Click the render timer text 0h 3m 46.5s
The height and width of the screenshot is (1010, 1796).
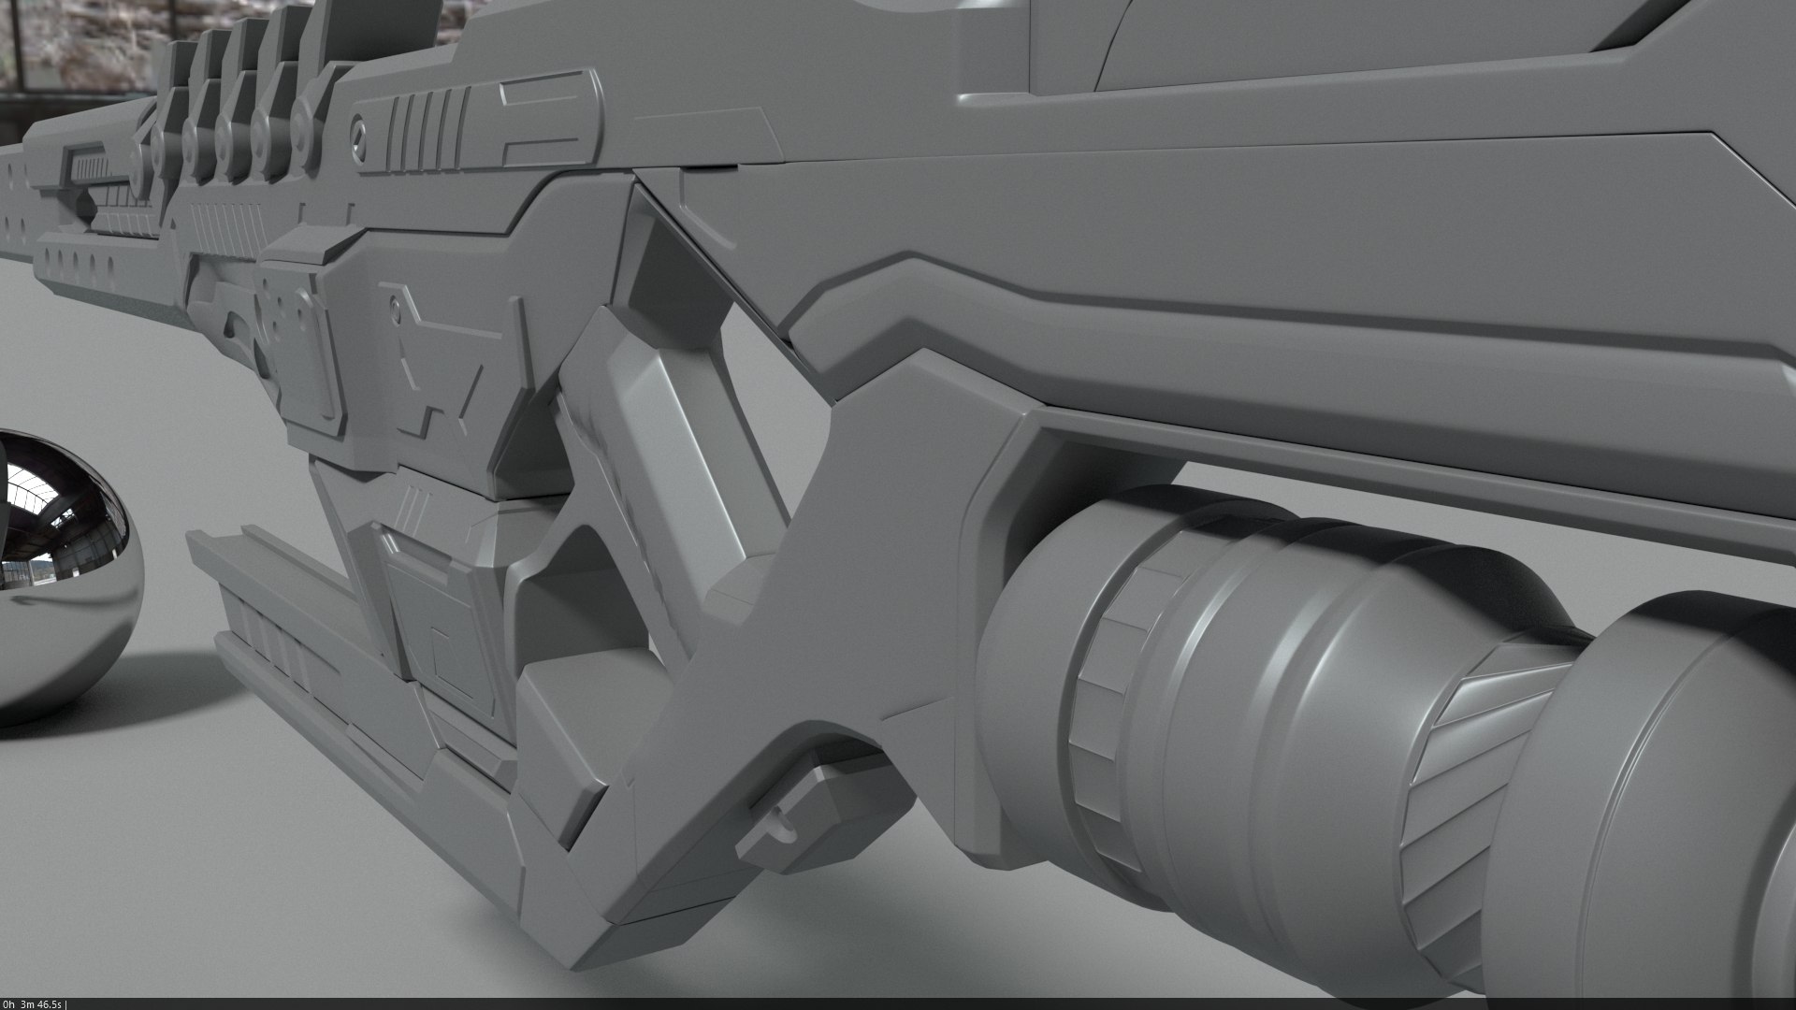pyautogui.click(x=33, y=1003)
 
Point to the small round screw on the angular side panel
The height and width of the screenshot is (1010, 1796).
pyautogui.click(x=398, y=306)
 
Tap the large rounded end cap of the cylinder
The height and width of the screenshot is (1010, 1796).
pyautogui.click(x=1674, y=823)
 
